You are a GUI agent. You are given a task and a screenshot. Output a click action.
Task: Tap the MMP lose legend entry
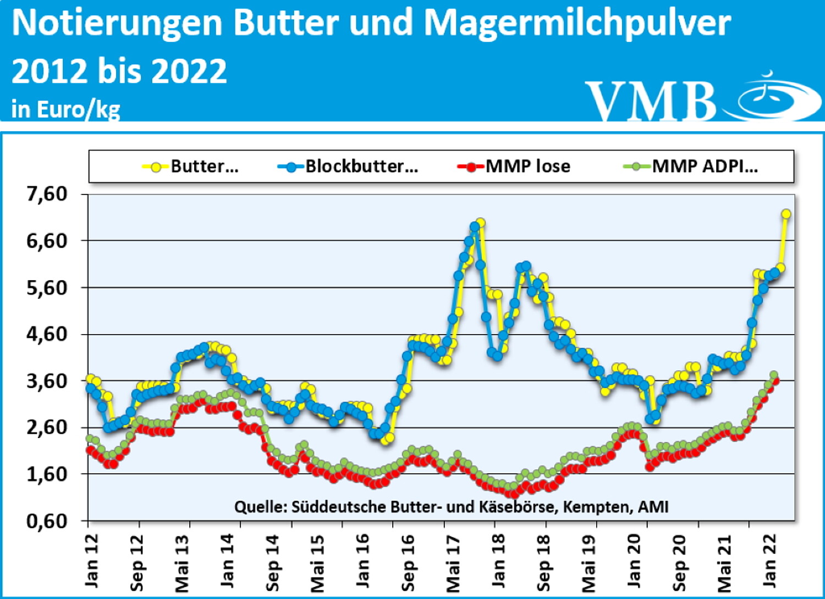pyautogui.click(x=514, y=166)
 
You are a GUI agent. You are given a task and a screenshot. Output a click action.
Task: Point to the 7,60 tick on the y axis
pyautogui.click(x=47, y=194)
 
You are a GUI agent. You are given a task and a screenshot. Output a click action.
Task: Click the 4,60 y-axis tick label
pyautogui.click(x=47, y=334)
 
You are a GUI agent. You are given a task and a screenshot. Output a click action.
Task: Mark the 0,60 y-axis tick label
pyautogui.click(x=47, y=520)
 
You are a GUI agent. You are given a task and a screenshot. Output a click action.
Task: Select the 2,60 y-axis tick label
pyautogui.click(x=47, y=428)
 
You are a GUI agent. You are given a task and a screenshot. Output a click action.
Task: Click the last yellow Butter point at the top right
pyautogui.click(x=785, y=214)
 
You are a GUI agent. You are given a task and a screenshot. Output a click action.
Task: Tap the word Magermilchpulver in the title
pyautogui.click(x=577, y=23)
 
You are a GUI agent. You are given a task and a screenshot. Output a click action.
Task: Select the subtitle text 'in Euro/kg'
pyautogui.click(x=65, y=109)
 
